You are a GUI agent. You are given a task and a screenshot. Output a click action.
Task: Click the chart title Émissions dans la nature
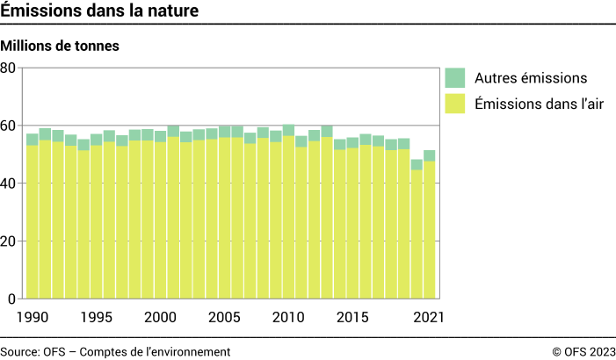[98, 11]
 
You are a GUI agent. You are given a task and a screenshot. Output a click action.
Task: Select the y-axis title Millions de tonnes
[60, 44]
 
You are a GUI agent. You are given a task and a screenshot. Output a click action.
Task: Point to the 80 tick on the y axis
[9, 68]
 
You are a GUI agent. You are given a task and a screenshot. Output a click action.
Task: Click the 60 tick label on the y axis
[9, 126]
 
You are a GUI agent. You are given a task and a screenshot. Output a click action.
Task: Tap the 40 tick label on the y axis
[9, 183]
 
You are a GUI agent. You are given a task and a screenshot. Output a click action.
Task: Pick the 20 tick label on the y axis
[9, 241]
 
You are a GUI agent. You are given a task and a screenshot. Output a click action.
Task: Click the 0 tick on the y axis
[12, 299]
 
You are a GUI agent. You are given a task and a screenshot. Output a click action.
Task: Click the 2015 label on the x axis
[352, 316]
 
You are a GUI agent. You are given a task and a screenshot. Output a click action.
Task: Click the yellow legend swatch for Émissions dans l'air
[455, 104]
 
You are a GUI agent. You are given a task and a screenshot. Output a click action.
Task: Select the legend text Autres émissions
[525, 78]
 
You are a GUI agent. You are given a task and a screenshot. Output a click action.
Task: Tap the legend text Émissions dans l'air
[537, 104]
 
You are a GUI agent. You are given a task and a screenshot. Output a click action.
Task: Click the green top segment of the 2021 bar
[430, 155]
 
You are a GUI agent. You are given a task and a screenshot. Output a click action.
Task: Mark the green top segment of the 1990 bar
[33, 139]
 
